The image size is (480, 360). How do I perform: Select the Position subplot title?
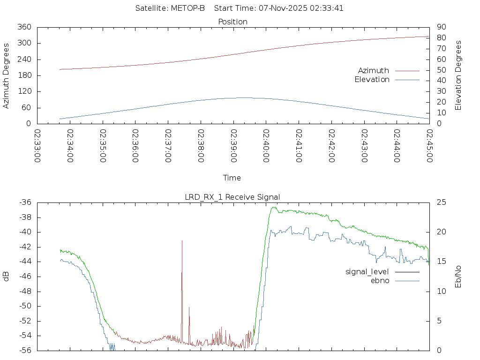tap(232, 22)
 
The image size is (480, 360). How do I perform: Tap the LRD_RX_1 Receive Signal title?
tap(232, 197)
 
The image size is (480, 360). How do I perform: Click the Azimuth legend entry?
tap(374, 70)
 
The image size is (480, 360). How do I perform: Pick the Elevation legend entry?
tap(372, 80)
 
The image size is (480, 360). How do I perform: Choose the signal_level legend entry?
tap(367, 271)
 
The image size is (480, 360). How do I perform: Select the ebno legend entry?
tap(380, 280)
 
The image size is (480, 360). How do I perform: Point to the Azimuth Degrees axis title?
tap(7, 75)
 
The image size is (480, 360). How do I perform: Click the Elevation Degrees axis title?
tap(458, 75)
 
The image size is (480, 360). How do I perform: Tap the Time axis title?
tap(232, 178)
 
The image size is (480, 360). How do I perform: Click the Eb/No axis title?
tap(458, 277)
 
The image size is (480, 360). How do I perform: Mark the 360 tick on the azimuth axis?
tap(24, 27)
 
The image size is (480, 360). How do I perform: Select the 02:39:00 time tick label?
tap(233, 146)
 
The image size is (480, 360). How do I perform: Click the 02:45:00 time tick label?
tap(429, 146)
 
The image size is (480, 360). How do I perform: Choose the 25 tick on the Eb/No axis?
tap(440, 202)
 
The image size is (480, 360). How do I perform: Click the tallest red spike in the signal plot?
tap(182, 241)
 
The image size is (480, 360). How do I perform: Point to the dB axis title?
tap(7, 277)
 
